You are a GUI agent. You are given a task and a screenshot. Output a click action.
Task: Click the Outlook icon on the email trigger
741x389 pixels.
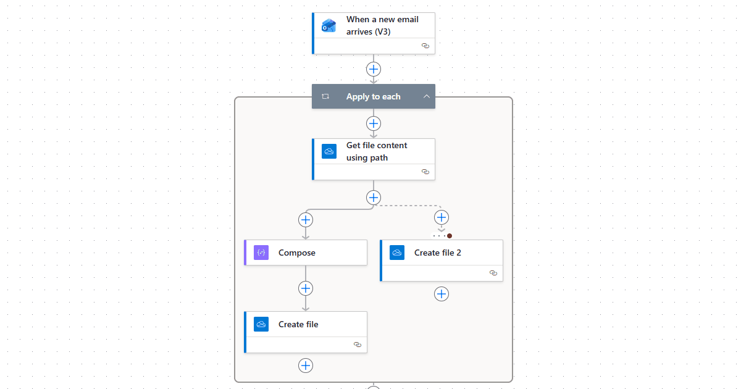(329, 26)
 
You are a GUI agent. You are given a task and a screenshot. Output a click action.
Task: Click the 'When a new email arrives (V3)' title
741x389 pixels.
(382, 25)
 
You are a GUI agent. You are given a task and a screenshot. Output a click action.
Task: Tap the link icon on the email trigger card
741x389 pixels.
(425, 46)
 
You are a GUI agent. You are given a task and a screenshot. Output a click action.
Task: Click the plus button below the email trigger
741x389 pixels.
(374, 69)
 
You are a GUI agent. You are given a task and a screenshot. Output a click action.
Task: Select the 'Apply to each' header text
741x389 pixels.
(373, 96)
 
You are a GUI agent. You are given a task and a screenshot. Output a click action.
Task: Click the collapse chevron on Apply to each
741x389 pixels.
(426, 96)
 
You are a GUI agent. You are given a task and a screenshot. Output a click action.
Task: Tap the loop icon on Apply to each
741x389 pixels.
(325, 96)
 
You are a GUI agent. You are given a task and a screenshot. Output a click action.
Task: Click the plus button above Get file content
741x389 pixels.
(374, 123)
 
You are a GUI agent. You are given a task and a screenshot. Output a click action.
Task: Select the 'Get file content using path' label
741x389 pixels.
(377, 151)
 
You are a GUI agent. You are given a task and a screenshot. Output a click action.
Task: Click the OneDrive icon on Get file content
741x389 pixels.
(329, 151)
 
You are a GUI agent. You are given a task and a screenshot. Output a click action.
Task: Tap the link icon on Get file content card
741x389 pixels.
(425, 172)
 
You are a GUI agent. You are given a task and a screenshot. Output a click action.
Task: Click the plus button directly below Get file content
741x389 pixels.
(374, 198)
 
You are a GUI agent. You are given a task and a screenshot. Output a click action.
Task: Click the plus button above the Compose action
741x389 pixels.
(306, 219)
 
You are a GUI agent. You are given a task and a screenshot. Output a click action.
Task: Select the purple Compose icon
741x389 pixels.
(261, 253)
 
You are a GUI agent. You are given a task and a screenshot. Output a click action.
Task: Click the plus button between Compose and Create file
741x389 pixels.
(306, 288)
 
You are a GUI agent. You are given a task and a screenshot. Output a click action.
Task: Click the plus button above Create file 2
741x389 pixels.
(442, 217)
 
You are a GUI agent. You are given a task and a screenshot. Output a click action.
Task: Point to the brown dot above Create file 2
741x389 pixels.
(450, 236)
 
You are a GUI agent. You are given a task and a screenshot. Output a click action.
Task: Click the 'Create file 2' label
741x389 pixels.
(437, 253)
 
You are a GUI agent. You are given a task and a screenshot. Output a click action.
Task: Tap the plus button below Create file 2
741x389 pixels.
(442, 294)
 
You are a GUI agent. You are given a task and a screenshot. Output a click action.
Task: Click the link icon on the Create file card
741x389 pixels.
(357, 345)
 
